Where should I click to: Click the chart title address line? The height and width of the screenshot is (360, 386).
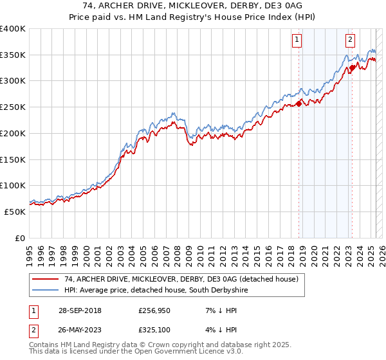193,6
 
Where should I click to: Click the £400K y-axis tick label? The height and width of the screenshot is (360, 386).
13,29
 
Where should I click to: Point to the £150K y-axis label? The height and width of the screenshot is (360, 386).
13,159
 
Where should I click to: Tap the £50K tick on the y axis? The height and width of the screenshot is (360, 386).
15,212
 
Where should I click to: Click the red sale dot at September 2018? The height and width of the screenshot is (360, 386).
299,104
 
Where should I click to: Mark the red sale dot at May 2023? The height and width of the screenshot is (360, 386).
352,68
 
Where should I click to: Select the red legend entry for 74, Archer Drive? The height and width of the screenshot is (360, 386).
181,280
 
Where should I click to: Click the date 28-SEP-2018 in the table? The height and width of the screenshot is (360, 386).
82,311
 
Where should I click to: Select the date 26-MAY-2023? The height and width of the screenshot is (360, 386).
82,332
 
